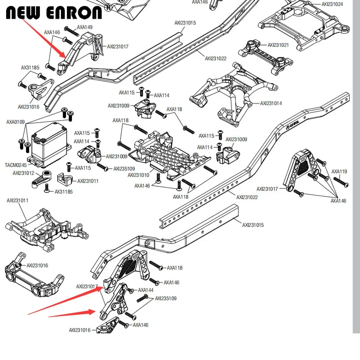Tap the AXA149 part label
coord(85,27)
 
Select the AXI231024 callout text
coord(332,4)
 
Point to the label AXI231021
coord(278,45)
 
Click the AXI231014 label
coord(271,103)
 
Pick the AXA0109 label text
coord(15,122)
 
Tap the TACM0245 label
coord(15,165)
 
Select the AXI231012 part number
coord(23,173)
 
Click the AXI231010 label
coord(139,175)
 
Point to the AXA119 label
coord(339,172)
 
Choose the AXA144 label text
coord(146,290)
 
